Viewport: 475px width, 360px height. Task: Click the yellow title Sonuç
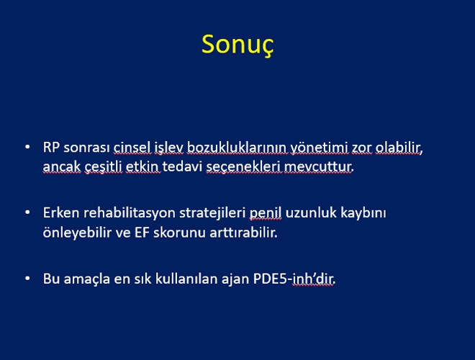click(x=237, y=45)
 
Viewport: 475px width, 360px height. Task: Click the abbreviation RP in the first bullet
click(x=51, y=148)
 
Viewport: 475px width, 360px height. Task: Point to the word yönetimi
click(x=320, y=148)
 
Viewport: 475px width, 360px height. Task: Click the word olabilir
click(x=398, y=148)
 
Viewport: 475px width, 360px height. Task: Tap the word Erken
click(x=61, y=212)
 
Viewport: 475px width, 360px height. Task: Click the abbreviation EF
click(x=142, y=233)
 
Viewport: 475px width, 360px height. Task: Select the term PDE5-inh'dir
click(x=294, y=279)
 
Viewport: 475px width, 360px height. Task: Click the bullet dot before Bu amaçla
click(x=27, y=278)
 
